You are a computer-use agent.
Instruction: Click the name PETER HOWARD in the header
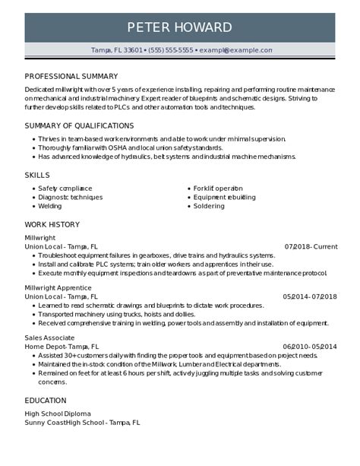(x=179, y=28)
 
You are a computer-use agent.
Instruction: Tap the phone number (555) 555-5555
(x=171, y=50)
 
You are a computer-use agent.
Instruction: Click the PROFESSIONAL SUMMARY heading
(x=71, y=76)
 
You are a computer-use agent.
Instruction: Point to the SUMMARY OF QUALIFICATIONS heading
(x=79, y=125)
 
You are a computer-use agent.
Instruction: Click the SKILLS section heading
(x=37, y=175)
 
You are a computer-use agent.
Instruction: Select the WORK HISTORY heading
(x=52, y=224)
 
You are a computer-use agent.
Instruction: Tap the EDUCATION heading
(x=46, y=400)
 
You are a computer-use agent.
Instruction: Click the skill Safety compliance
(x=65, y=188)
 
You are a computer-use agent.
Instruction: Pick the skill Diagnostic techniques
(x=70, y=197)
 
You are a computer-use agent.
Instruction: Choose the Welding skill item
(x=50, y=206)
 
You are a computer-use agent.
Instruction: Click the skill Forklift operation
(x=218, y=188)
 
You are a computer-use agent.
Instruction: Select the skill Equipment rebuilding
(x=224, y=197)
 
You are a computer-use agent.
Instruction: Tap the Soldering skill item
(x=209, y=206)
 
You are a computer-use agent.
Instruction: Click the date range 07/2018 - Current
(x=311, y=246)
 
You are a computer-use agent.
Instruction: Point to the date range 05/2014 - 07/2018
(x=310, y=296)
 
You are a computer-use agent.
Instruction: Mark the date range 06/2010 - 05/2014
(x=310, y=346)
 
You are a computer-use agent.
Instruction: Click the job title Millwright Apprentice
(x=58, y=288)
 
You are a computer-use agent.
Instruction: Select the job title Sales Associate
(x=49, y=338)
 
